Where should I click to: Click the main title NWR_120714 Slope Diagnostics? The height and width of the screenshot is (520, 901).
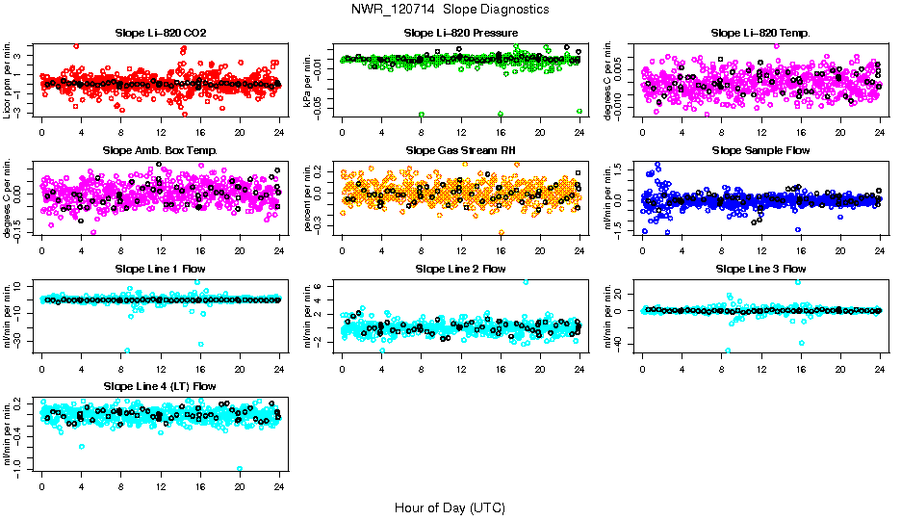(450, 9)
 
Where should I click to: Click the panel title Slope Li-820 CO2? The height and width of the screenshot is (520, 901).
(161, 33)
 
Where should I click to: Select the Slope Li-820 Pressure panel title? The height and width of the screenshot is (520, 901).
(460, 33)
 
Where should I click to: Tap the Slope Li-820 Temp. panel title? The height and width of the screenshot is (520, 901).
(760, 33)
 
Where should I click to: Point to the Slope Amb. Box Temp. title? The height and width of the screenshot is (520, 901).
(161, 150)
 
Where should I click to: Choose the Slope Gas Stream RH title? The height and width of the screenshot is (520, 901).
(460, 150)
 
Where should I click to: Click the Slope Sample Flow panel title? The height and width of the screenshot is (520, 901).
(760, 150)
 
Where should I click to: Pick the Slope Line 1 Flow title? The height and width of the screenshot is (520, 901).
(161, 268)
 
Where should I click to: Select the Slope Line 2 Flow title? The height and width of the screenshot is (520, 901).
(460, 268)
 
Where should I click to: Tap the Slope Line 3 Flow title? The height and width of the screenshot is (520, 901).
(760, 268)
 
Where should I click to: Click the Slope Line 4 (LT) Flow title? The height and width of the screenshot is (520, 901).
(161, 385)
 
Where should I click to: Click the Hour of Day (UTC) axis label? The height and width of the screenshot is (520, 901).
(450, 507)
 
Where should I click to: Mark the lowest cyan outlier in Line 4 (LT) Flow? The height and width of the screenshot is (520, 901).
(240, 469)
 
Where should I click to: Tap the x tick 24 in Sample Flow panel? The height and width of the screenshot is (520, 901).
(880, 248)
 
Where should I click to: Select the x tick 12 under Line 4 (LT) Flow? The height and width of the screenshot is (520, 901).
(161, 484)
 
